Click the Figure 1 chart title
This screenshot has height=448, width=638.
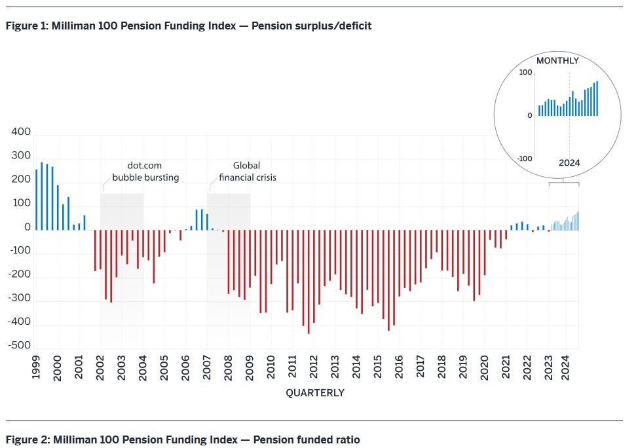click(189, 26)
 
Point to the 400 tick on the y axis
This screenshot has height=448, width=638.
click(21, 132)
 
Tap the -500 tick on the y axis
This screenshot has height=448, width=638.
click(20, 346)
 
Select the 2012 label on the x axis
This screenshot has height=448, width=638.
click(314, 369)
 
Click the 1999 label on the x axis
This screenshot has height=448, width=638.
click(36, 369)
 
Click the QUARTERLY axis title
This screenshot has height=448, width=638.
click(315, 393)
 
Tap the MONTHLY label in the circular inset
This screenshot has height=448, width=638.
click(557, 61)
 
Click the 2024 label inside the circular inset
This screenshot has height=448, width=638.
click(569, 163)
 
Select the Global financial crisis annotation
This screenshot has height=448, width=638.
click(247, 172)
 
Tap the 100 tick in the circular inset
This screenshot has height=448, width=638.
click(525, 72)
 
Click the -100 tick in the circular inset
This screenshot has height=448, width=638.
click(524, 159)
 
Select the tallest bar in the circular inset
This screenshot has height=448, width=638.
click(597, 99)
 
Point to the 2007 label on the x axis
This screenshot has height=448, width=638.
click(208, 369)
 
